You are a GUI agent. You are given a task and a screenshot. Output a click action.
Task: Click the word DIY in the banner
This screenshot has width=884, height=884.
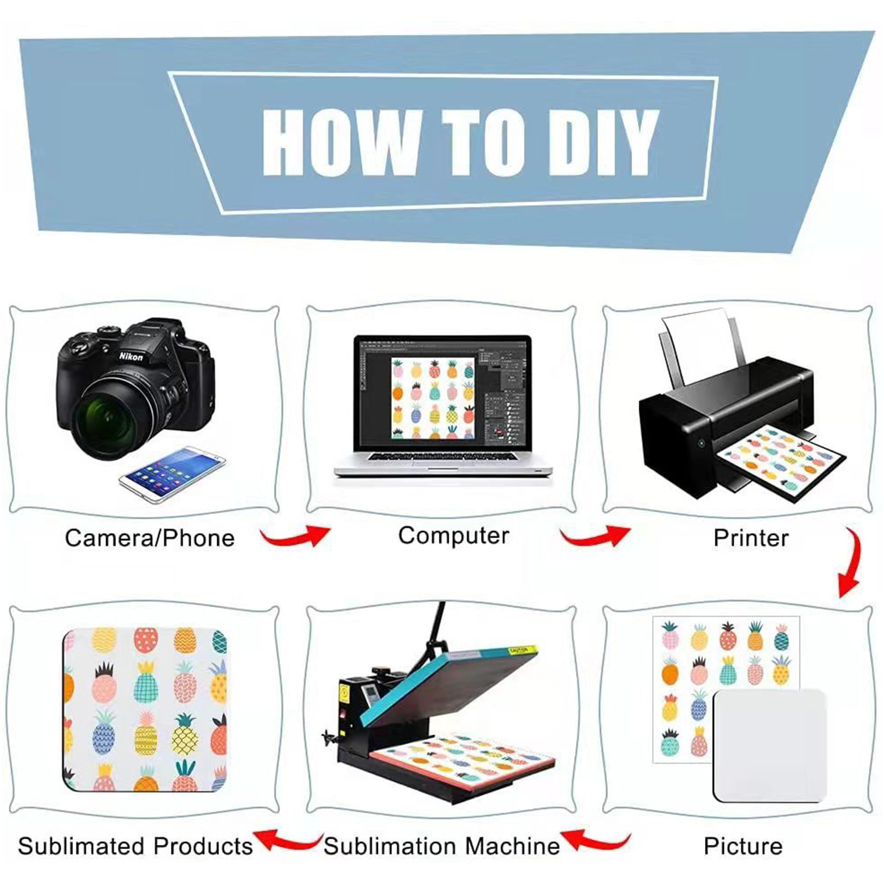[602, 142]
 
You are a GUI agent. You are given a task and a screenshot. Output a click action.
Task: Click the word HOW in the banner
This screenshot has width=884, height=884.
[341, 142]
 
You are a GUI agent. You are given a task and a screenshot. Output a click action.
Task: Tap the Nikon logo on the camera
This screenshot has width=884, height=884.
[131, 357]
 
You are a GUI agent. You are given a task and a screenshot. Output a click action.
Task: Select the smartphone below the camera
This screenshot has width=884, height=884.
[172, 473]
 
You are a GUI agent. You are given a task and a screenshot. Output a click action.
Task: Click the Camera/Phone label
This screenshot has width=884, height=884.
[150, 538]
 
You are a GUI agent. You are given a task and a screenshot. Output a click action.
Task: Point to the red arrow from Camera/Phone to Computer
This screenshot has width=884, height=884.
[296, 536]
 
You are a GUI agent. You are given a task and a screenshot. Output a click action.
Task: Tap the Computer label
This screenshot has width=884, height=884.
[454, 536]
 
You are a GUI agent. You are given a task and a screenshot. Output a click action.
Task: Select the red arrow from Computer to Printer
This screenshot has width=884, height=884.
[596, 536]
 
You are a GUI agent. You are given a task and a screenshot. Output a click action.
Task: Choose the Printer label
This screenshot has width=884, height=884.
[751, 538]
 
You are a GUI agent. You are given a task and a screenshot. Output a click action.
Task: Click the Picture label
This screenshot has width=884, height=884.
[743, 846]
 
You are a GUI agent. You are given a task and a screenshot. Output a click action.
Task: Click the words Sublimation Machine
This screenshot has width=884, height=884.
[441, 846]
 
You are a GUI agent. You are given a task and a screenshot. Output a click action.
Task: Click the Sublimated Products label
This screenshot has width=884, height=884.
[135, 846]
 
